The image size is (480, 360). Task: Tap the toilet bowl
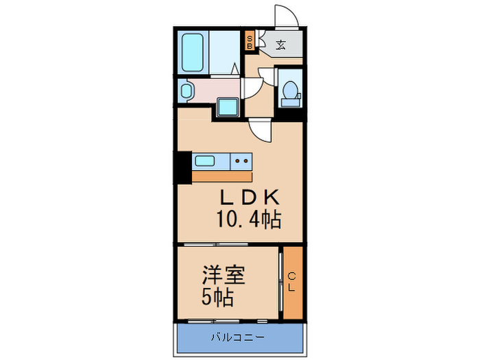pyautogui.click(x=291, y=90)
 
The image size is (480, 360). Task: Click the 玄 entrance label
pyautogui.click(x=281, y=46)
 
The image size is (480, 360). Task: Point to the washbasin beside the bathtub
pyautogui.click(x=184, y=90)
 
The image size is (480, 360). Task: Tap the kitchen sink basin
pyautogui.click(x=205, y=162)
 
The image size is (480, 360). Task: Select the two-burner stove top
pyautogui.click(x=241, y=162)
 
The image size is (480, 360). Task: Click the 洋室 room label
pyautogui.click(x=224, y=276)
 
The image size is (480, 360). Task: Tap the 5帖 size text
pyautogui.click(x=216, y=298)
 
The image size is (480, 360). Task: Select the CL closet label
pyautogui.click(x=292, y=282)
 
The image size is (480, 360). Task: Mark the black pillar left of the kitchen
pyautogui.click(x=182, y=167)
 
